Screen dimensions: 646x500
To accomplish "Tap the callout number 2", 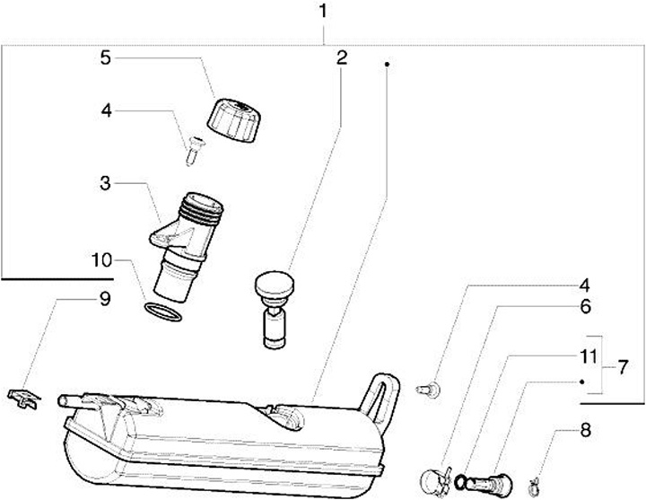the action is click(x=342, y=59).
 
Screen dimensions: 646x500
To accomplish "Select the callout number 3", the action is click(x=106, y=184).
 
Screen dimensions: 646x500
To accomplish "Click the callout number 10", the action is click(x=101, y=262).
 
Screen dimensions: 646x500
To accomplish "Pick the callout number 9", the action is click(x=105, y=299).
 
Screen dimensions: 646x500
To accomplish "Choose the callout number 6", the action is click(x=586, y=306).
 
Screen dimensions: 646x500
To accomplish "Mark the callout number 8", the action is click(x=586, y=430).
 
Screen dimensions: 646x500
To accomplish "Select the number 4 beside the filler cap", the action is click(x=106, y=111).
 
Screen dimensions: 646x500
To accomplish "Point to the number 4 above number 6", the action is click(x=586, y=286).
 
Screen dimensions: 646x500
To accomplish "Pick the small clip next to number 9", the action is click(x=24, y=398).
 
